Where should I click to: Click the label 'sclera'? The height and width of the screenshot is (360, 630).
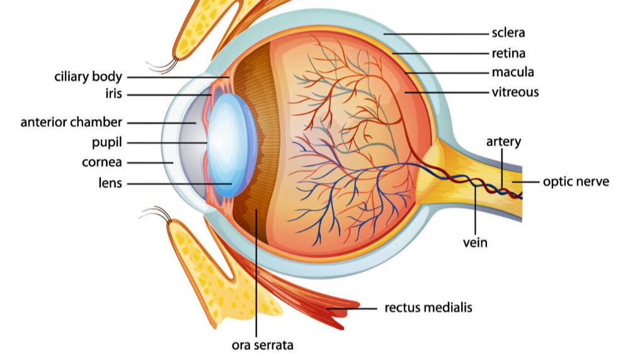(508, 33)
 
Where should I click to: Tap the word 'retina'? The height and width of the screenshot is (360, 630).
(508, 53)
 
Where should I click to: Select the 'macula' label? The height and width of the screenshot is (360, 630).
(513, 73)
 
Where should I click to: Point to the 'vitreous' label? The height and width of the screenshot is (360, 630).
(515, 92)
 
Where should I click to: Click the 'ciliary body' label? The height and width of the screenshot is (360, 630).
(88, 76)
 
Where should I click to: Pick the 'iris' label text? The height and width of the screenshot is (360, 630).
(113, 94)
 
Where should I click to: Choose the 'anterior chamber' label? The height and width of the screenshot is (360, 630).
(71, 122)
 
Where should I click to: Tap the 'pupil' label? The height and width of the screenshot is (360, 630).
(107, 142)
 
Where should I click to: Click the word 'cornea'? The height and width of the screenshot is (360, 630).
(101, 162)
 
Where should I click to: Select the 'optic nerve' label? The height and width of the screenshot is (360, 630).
(576, 182)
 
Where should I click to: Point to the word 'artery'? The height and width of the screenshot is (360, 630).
(503, 142)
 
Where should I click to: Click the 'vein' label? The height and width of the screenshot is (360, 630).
(475, 243)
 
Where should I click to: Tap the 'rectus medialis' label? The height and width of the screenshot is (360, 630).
(428, 308)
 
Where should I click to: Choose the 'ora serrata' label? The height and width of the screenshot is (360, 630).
(262, 345)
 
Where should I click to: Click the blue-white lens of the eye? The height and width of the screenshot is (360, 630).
(232, 145)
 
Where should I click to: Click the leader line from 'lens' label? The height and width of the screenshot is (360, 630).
(180, 184)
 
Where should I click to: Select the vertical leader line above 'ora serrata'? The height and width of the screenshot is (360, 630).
(256, 273)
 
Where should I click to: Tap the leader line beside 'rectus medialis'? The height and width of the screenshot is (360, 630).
(352, 309)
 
